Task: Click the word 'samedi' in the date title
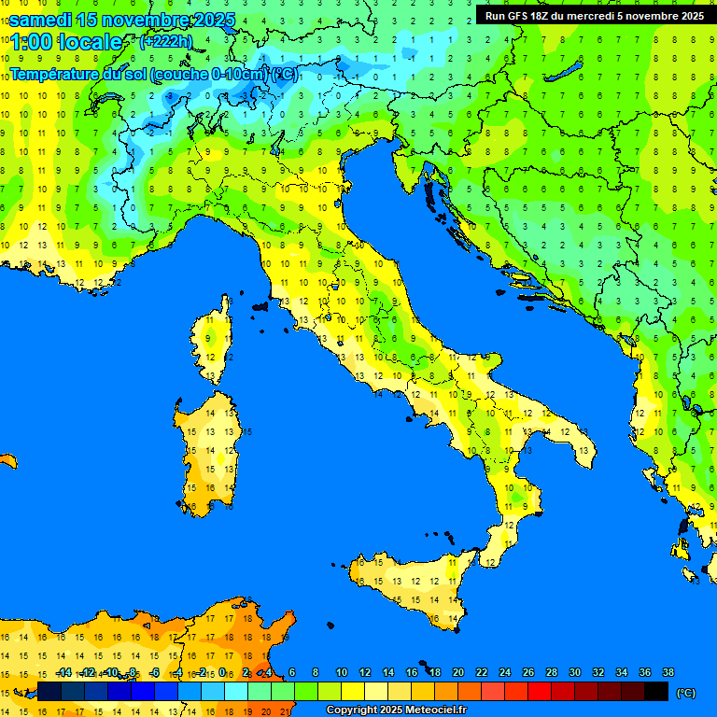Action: click(40, 20)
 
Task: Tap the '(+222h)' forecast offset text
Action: click(167, 41)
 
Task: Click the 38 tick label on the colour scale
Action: click(668, 672)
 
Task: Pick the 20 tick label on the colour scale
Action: click(457, 672)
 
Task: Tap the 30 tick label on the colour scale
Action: click(574, 672)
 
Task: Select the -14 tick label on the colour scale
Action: click(63, 672)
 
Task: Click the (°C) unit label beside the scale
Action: click(686, 692)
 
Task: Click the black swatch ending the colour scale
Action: click(656, 691)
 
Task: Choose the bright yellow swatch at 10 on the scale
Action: click(353, 691)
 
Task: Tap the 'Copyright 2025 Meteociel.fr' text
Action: click(395, 710)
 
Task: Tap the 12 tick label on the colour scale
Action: click(364, 672)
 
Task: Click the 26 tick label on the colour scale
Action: click(527, 672)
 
